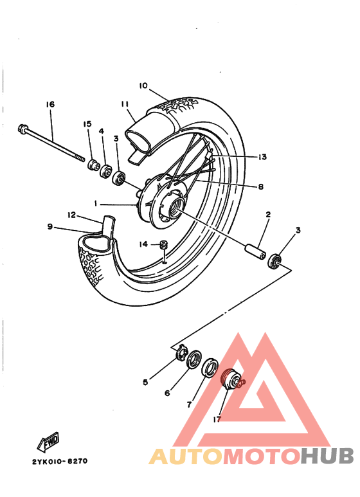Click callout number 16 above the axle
coord(50,105)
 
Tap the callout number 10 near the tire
coord(143,86)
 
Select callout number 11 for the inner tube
coord(125,104)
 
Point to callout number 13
coord(262,156)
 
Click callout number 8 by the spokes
coord(261,187)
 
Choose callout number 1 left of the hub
coord(95,203)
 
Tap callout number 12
coord(72,215)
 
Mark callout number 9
coord(50,226)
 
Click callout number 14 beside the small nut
coord(144,244)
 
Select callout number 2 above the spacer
coord(267,214)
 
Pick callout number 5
coord(145,382)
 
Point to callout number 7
coord(189,405)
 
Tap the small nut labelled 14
coord(164,244)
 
